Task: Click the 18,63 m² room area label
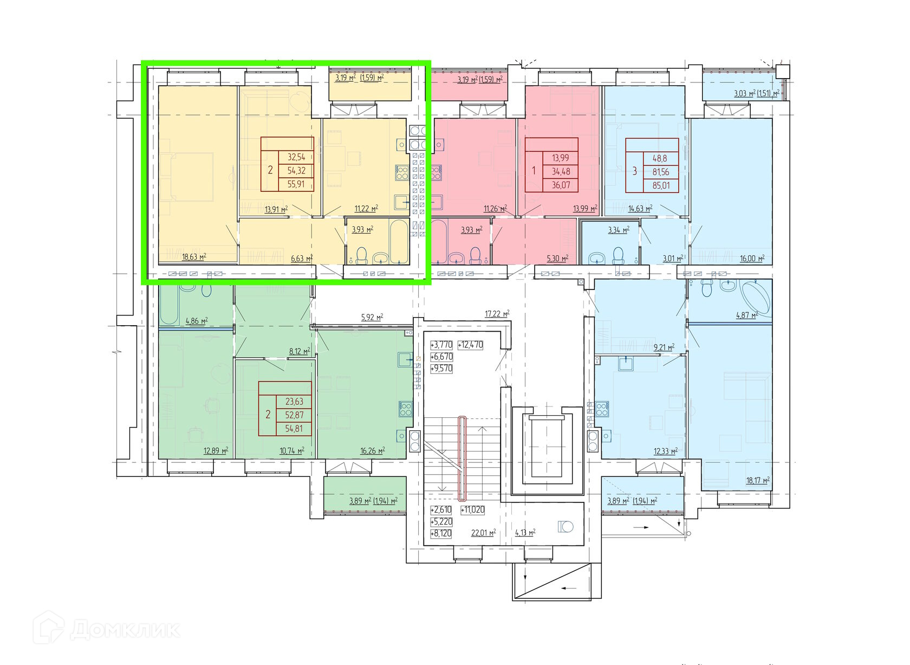pyautogui.click(x=194, y=256)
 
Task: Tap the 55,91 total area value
pyautogui.click(x=296, y=184)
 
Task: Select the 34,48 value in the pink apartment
pyautogui.click(x=561, y=171)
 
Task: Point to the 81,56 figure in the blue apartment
pyautogui.click(x=661, y=172)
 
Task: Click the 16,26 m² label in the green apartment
pyautogui.click(x=373, y=451)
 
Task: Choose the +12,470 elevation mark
pyautogui.click(x=470, y=345)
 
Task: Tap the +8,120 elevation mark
pyautogui.click(x=441, y=533)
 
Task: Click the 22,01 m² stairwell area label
pyautogui.click(x=483, y=532)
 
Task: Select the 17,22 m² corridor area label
pyautogui.click(x=497, y=313)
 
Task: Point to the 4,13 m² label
pyautogui.click(x=525, y=532)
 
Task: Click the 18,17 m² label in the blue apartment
pyautogui.click(x=758, y=480)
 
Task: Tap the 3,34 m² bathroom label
pyautogui.click(x=619, y=230)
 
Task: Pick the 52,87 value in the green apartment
pyautogui.click(x=294, y=415)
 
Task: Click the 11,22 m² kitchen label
pyautogui.click(x=366, y=209)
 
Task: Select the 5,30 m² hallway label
pyautogui.click(x=557, y=258)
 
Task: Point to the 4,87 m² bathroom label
pyautogui.click(x=746, y=314)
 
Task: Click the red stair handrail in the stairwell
pyautogui.click(x=462, y=459)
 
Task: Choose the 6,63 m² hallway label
pyautogui.click(x=302, y=258)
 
